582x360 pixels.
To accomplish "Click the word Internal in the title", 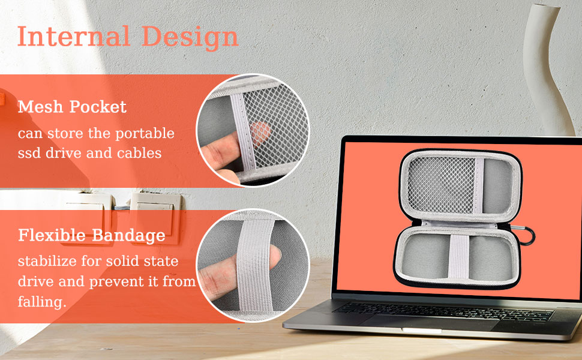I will tap(73, 37).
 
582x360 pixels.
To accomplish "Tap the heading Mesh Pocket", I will tap(72, 107).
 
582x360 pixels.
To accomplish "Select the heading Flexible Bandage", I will tap(91, 235).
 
